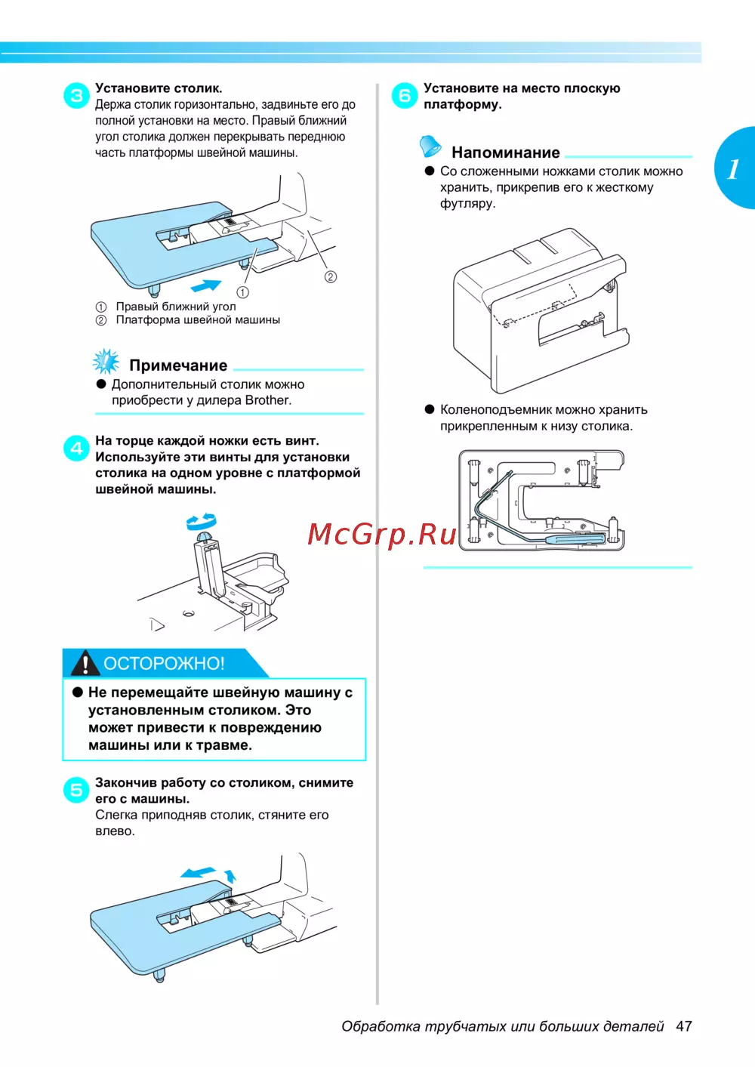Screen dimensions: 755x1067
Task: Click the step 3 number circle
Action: tap(76, 95)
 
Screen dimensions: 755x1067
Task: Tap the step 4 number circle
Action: tap(76, 449)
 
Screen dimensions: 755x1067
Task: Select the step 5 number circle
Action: tap(76, 790)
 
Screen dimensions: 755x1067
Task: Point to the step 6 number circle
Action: tap(405, 95)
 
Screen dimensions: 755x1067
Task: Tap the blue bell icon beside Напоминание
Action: tap(430, 146)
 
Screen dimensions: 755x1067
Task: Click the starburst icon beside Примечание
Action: tap(106, 362)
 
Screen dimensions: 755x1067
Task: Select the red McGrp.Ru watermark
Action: tap(381, 535)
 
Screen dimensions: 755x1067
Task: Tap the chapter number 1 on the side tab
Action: tap(733, 168)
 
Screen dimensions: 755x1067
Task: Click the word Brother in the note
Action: tap(268, 400)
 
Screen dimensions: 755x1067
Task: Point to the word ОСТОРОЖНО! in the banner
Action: tap(164, 663)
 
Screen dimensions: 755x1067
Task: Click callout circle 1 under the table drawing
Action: tap(242, 292)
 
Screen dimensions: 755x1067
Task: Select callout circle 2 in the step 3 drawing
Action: tap(331, 276)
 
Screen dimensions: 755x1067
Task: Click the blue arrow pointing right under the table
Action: tap(206, 285)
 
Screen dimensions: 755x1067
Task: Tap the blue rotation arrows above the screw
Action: tap(202, 522)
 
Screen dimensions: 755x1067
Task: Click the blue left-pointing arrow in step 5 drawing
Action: tap(198, 872)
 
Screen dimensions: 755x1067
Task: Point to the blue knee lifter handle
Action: tap(575, 539)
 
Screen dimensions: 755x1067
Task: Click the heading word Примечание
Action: tap(178, 365)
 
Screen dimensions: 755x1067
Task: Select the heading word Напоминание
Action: tap(506, 153)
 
